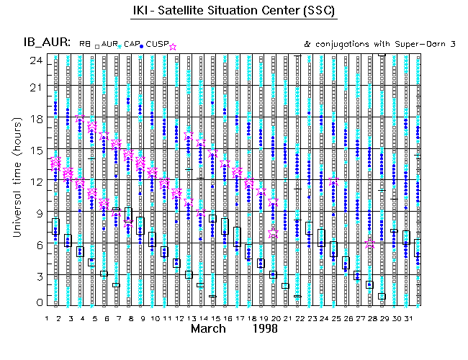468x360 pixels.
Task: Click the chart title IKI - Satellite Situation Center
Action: tap(234, 12)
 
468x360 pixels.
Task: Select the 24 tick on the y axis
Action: tap(34, 60)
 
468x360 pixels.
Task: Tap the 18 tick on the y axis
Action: tap(34, 118)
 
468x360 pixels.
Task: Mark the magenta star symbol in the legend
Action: tap(172, 45)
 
